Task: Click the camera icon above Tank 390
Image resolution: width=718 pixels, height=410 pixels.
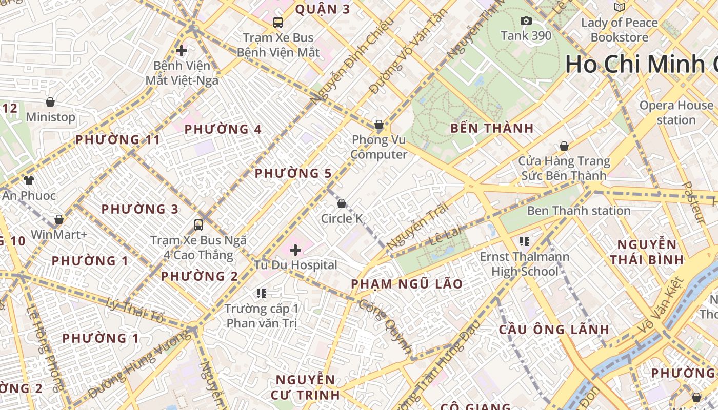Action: [526, 21]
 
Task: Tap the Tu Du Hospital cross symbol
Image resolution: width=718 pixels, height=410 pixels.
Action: [295, 250]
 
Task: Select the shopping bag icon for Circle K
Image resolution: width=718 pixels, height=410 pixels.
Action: [342, 203]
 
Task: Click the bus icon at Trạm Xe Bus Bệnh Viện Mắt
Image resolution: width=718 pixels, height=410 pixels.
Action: [278, 23]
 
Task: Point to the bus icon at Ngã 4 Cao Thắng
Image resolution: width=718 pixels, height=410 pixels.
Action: [198, 224]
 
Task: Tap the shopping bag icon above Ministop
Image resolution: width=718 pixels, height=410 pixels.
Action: [50, 102]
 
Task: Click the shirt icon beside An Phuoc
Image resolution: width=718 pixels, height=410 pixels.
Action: [29, 180]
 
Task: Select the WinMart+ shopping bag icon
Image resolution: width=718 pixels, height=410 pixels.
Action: [59, 219]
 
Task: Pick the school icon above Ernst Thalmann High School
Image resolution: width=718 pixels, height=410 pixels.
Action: [524, 241]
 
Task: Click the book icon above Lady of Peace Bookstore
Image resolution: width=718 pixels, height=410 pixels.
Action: [620, 7]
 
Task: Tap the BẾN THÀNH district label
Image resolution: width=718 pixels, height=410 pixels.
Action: [492, 128]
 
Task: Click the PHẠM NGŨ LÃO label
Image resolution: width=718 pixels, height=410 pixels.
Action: [407, 284]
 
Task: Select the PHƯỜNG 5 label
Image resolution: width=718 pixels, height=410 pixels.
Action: [293, 174]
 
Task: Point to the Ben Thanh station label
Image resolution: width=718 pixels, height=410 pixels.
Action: [579, 211]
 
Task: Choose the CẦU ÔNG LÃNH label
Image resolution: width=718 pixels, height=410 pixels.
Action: [554, 330]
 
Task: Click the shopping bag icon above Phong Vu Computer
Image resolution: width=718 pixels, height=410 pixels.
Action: [379, 125]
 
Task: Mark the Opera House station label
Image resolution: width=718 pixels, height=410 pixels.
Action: [676, 113]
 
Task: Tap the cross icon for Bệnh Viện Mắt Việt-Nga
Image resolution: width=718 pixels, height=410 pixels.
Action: [182, 51]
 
